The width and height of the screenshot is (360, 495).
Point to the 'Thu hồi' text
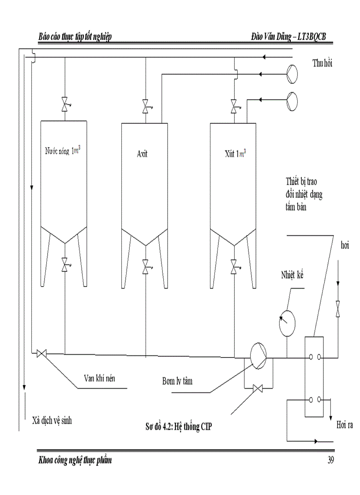point(322,63)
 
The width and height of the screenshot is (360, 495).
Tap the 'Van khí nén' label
point(103,378)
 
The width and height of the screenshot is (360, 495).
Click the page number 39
point(331,461)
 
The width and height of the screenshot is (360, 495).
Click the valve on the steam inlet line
point(338,308)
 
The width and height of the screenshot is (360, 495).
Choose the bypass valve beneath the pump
point(258,388)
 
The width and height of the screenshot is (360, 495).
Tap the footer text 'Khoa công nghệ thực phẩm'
point(75,461)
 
